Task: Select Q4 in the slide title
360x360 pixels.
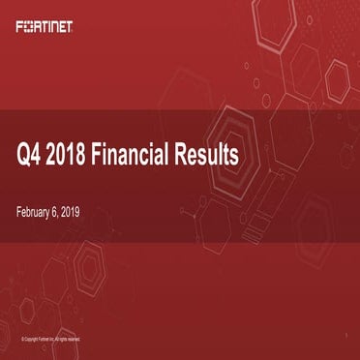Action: (31, 154)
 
